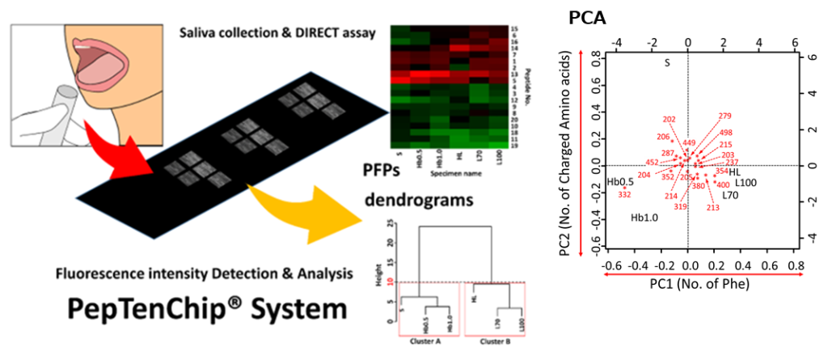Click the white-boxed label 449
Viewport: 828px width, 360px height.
tap(689, 142)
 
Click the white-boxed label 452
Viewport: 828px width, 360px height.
tap(652, 161)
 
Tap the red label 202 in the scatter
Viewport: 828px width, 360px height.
tap(669, 119)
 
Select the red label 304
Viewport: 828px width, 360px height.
tap(644, 175)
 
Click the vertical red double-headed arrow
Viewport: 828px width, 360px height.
tap(580, 153)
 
